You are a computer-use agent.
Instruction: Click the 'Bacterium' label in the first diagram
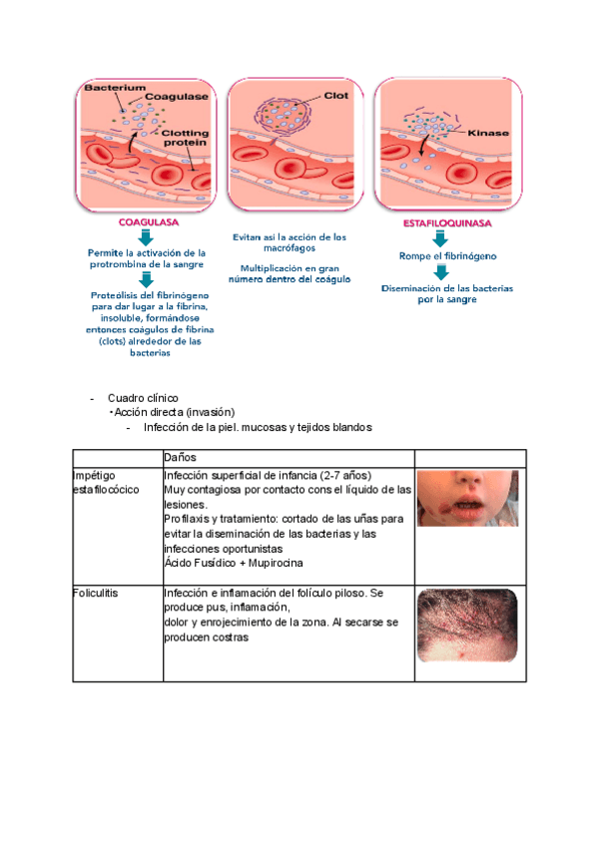pos(108,88)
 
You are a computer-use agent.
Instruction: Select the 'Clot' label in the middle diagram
pos(336,97)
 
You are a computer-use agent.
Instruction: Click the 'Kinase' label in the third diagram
pos(485,130)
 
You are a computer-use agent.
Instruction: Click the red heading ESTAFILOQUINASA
pos(439,223)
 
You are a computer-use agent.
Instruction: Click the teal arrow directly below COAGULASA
pos(146,237)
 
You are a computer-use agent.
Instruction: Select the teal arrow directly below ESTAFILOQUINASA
pos(439,239)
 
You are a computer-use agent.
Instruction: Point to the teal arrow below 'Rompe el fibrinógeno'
pos(439,272)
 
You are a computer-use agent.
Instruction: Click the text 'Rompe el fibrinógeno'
pos(439,256)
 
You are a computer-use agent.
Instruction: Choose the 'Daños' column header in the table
pos(181,456)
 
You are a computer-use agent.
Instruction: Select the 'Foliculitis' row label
pos(96,593)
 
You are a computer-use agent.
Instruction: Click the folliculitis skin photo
pos(467,625)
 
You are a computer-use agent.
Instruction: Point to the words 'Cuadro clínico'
pos(143,398)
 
